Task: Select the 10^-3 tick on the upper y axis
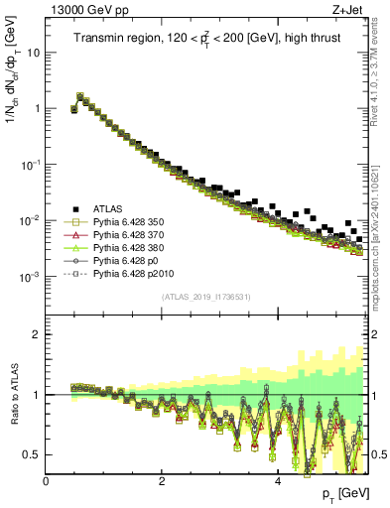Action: point(30,275)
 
